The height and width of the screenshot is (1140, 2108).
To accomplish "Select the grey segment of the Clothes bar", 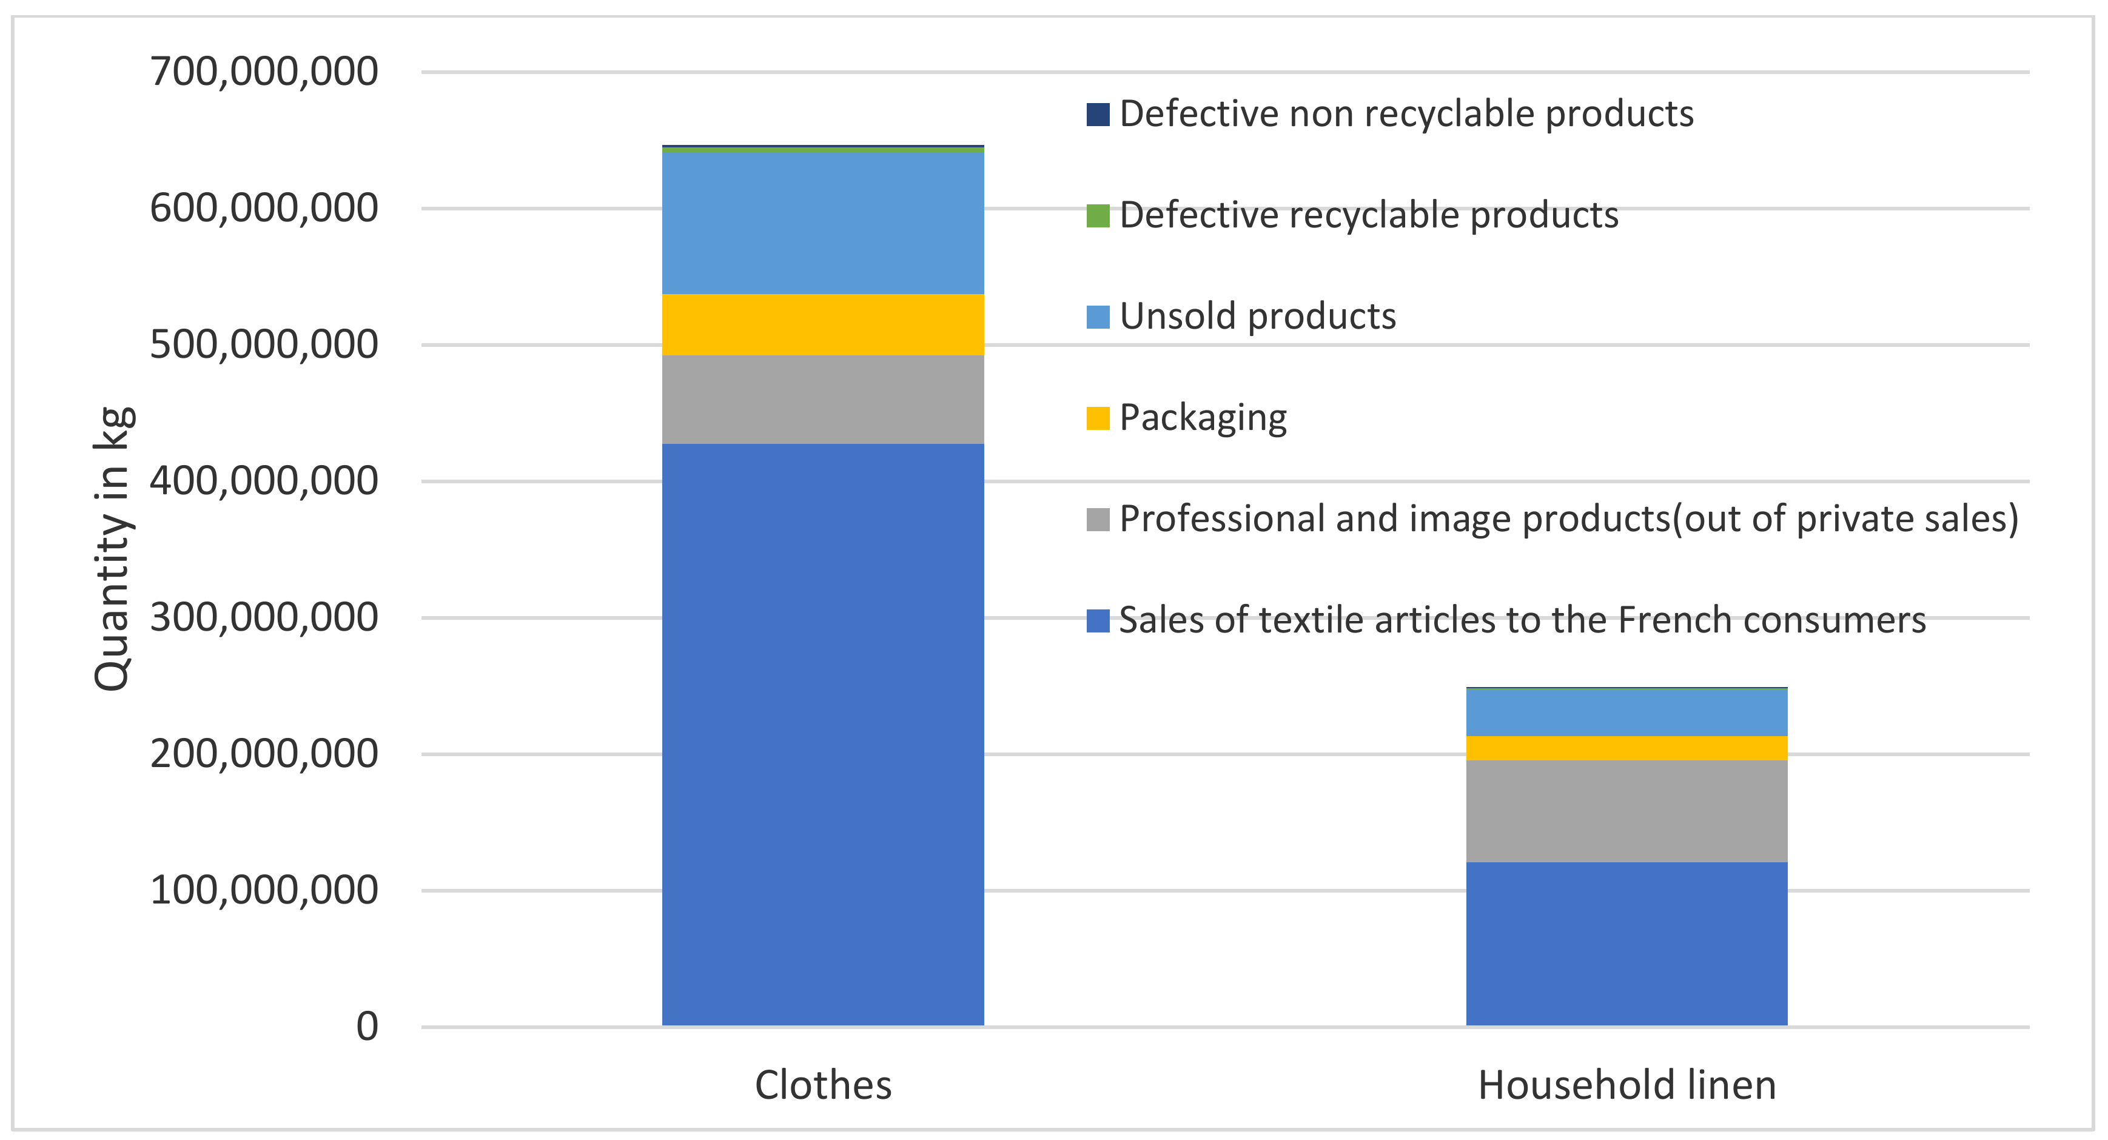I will (822, 400).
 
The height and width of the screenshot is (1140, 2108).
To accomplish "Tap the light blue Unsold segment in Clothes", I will (822, 223).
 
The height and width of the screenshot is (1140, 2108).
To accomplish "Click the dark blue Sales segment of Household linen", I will (1626, 943).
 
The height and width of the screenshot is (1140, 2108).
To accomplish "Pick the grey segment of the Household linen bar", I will (1626, 810).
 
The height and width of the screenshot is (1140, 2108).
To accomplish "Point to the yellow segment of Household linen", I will (1626, 748).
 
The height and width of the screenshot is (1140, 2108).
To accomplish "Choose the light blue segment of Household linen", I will (1626, 713).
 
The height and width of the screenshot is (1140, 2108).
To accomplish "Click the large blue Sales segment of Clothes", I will (822, 734).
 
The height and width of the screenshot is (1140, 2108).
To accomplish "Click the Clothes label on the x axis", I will (822, 1085).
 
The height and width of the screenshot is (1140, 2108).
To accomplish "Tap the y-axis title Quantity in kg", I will (112, 548).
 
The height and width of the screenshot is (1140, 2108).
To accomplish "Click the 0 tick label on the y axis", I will (368, 1026).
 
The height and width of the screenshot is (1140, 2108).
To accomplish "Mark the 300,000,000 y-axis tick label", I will (263, 617).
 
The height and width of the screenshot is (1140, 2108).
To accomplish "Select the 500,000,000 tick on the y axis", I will (263, 344).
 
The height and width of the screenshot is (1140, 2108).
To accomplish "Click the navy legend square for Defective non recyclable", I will (1098, 114).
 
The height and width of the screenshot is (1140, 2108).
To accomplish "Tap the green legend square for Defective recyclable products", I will (1098, 215).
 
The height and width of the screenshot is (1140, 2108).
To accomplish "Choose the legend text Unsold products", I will (1257, 317).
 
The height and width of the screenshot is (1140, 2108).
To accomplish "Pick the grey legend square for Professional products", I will (1098, 519).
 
